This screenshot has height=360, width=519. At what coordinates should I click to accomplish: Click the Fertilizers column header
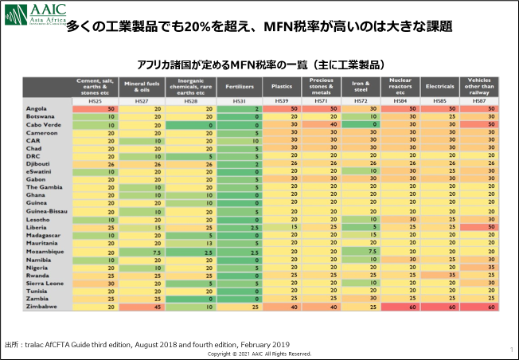(240, 84)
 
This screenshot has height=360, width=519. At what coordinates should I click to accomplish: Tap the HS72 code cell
(361, 100)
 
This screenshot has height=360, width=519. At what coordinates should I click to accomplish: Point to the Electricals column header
(440, 84)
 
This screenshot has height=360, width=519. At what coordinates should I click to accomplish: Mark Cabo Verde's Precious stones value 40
(322, 124)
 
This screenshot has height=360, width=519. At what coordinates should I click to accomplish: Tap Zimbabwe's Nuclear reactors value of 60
(401, 306)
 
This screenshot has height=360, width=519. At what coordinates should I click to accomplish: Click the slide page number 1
(510, 349)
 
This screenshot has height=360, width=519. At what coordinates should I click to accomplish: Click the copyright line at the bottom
(259, 354)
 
